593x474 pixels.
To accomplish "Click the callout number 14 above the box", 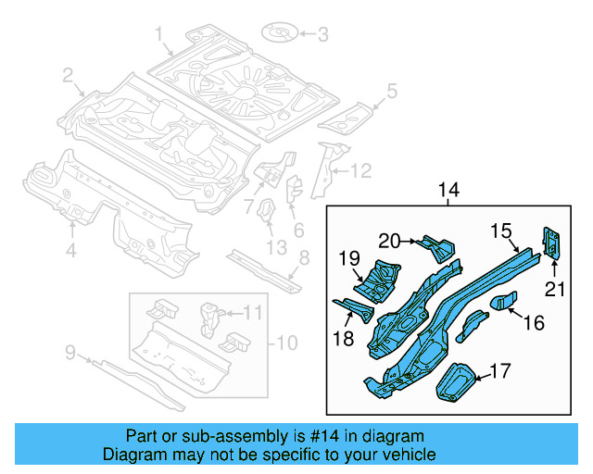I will (x=448, y=190).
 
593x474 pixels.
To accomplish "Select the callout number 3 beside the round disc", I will (x=322, y=36).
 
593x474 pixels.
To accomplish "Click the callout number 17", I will (x=499, y=371).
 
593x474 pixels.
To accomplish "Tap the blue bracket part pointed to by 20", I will (x=435, y=246).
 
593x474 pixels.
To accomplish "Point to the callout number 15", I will (x=500, y=229).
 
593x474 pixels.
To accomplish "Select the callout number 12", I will (x=360, y=169).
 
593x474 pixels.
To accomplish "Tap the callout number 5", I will (x=391, y=91).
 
